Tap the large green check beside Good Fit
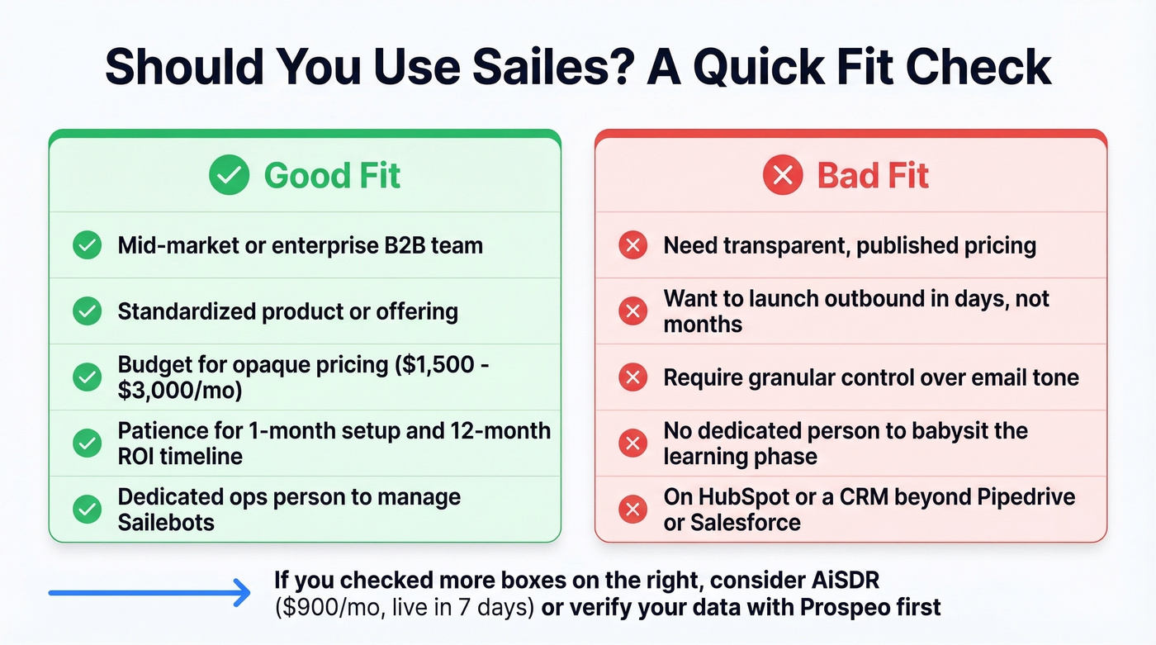coord(229,176)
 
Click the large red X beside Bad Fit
coord(783,176)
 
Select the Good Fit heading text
coord(332,176)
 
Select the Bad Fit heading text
coord(873,176)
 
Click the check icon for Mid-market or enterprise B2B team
coord(87,245)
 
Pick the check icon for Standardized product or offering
coord(87,311)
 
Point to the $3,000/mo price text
coord(180,390)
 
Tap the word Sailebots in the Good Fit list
coord(166,522)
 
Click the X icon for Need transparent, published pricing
coord(633,245)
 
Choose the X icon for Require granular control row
coord(633,377)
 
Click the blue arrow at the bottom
coord(149,592)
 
